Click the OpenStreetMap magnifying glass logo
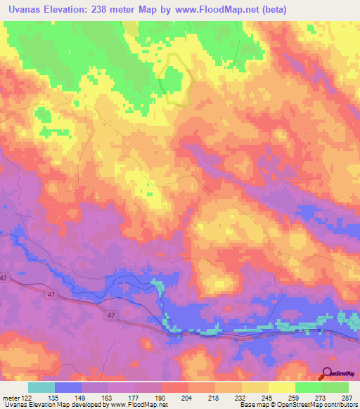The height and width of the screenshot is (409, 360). coord(328,374)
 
